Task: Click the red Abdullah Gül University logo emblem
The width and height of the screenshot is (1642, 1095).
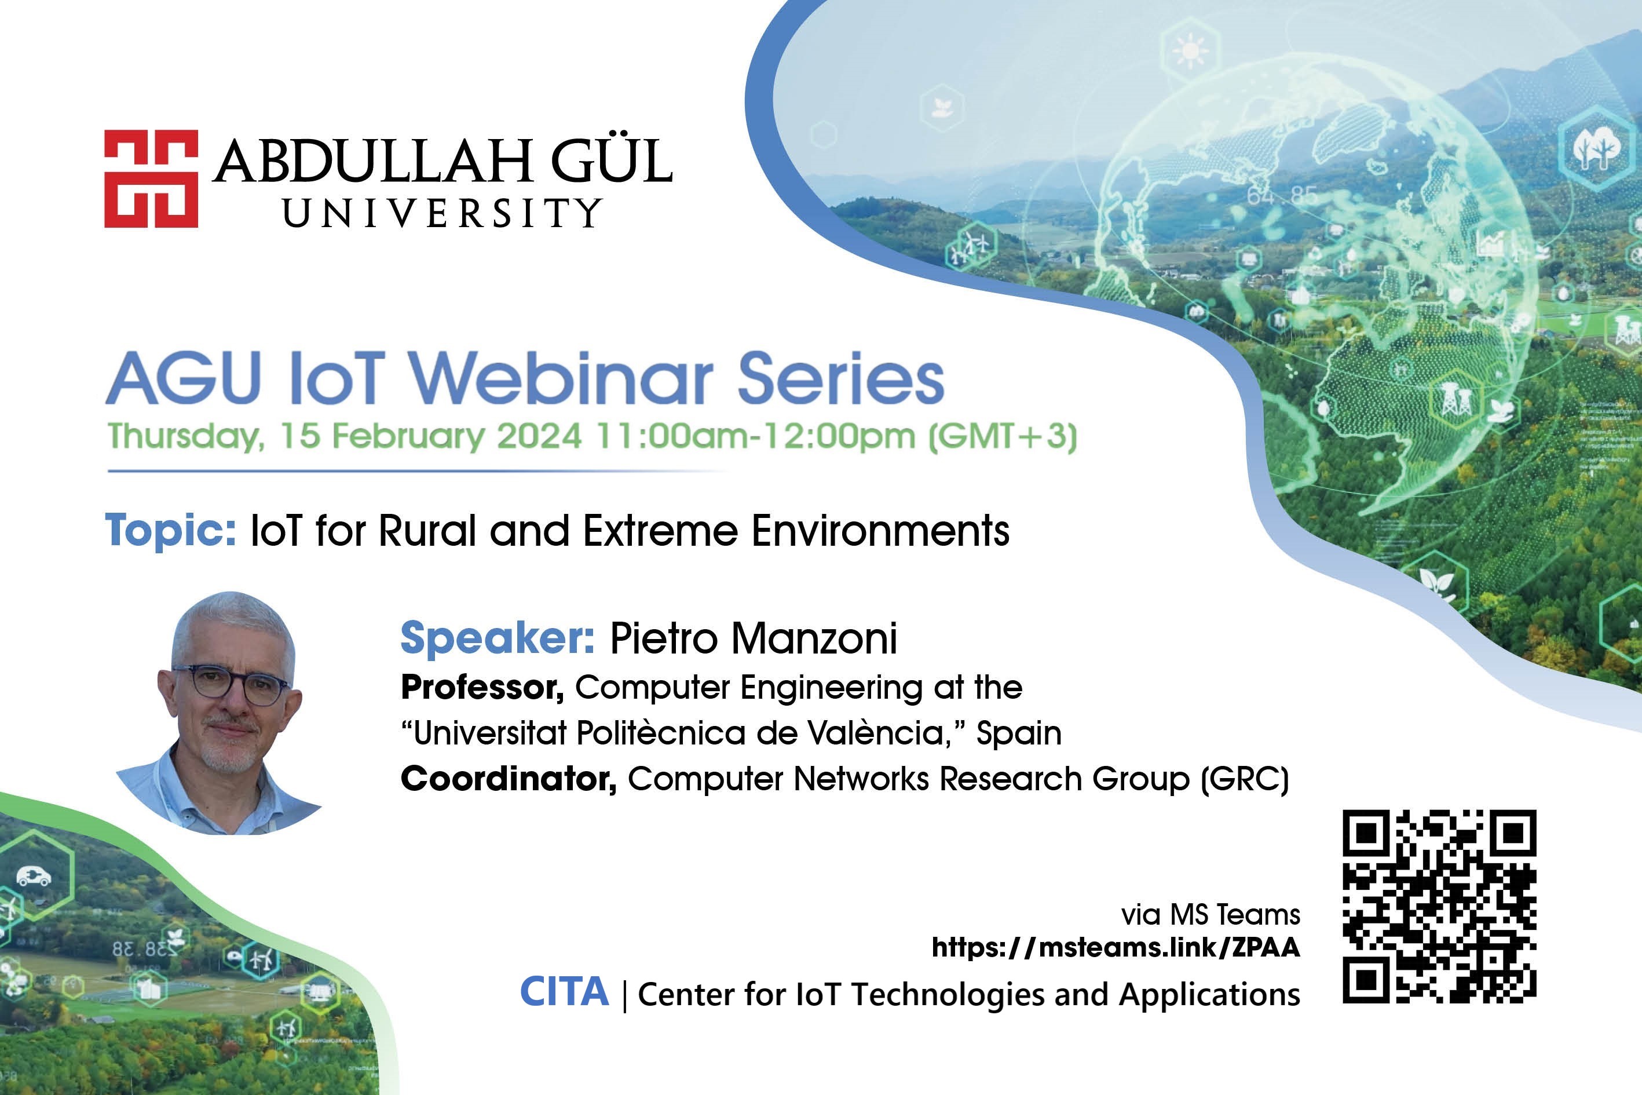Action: point(151,179)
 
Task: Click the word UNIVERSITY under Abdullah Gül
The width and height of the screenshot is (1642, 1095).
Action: point(442,213)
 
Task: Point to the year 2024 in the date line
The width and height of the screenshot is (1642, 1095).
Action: point(539,436)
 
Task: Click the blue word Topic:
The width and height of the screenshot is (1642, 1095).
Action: point(171,531)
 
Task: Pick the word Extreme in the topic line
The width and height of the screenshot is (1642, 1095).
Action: point(660,531)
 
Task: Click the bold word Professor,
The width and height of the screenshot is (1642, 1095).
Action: point(482,688)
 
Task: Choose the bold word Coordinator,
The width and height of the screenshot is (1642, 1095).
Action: point(509,779)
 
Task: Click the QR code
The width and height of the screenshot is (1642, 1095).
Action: point(1439,907)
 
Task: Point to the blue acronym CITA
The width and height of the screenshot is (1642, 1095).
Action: point(564,992)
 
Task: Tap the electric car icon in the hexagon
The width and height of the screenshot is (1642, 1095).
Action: point(34,876)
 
